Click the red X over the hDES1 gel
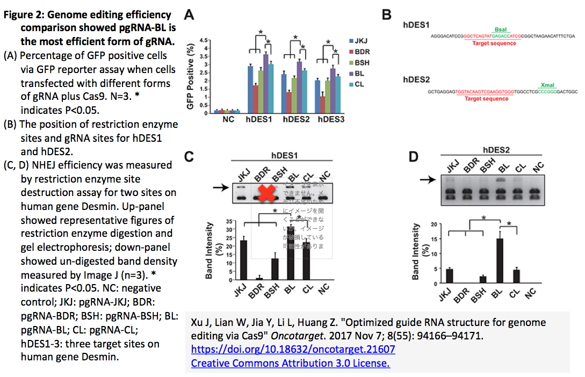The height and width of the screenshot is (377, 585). tap(265, 193)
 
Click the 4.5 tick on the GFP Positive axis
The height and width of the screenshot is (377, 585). tap(203, 40)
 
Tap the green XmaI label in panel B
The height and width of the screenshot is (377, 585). tap(546, 85)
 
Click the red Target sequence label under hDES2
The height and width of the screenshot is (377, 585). tap(486, 99)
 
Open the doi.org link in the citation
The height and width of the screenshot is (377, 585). tap(293, 349)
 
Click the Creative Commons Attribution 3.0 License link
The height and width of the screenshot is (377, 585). tap(290, 363)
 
